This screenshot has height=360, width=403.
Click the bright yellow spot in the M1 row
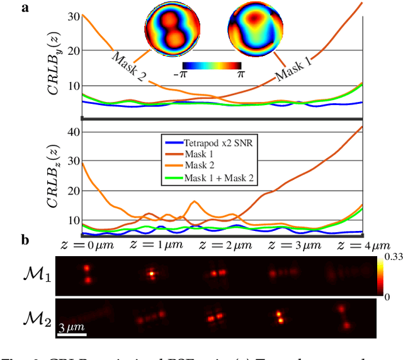tap(151, 274)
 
